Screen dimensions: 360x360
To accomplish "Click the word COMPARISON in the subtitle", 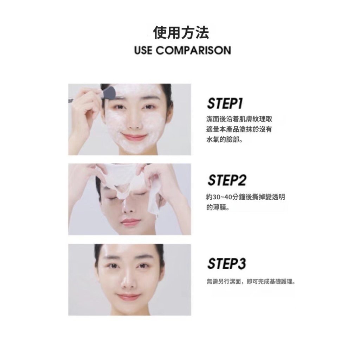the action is pos(193,50).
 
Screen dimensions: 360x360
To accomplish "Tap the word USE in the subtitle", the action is pos(143,50).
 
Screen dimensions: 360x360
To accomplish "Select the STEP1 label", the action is pos(225,103).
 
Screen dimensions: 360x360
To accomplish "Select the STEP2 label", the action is pos(227,180).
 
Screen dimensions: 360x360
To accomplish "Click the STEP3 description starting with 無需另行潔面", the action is pos(251,281).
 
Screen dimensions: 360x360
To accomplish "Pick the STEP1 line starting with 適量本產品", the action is pos(239,129).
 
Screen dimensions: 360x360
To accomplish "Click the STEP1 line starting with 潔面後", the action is pos(239,119).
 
